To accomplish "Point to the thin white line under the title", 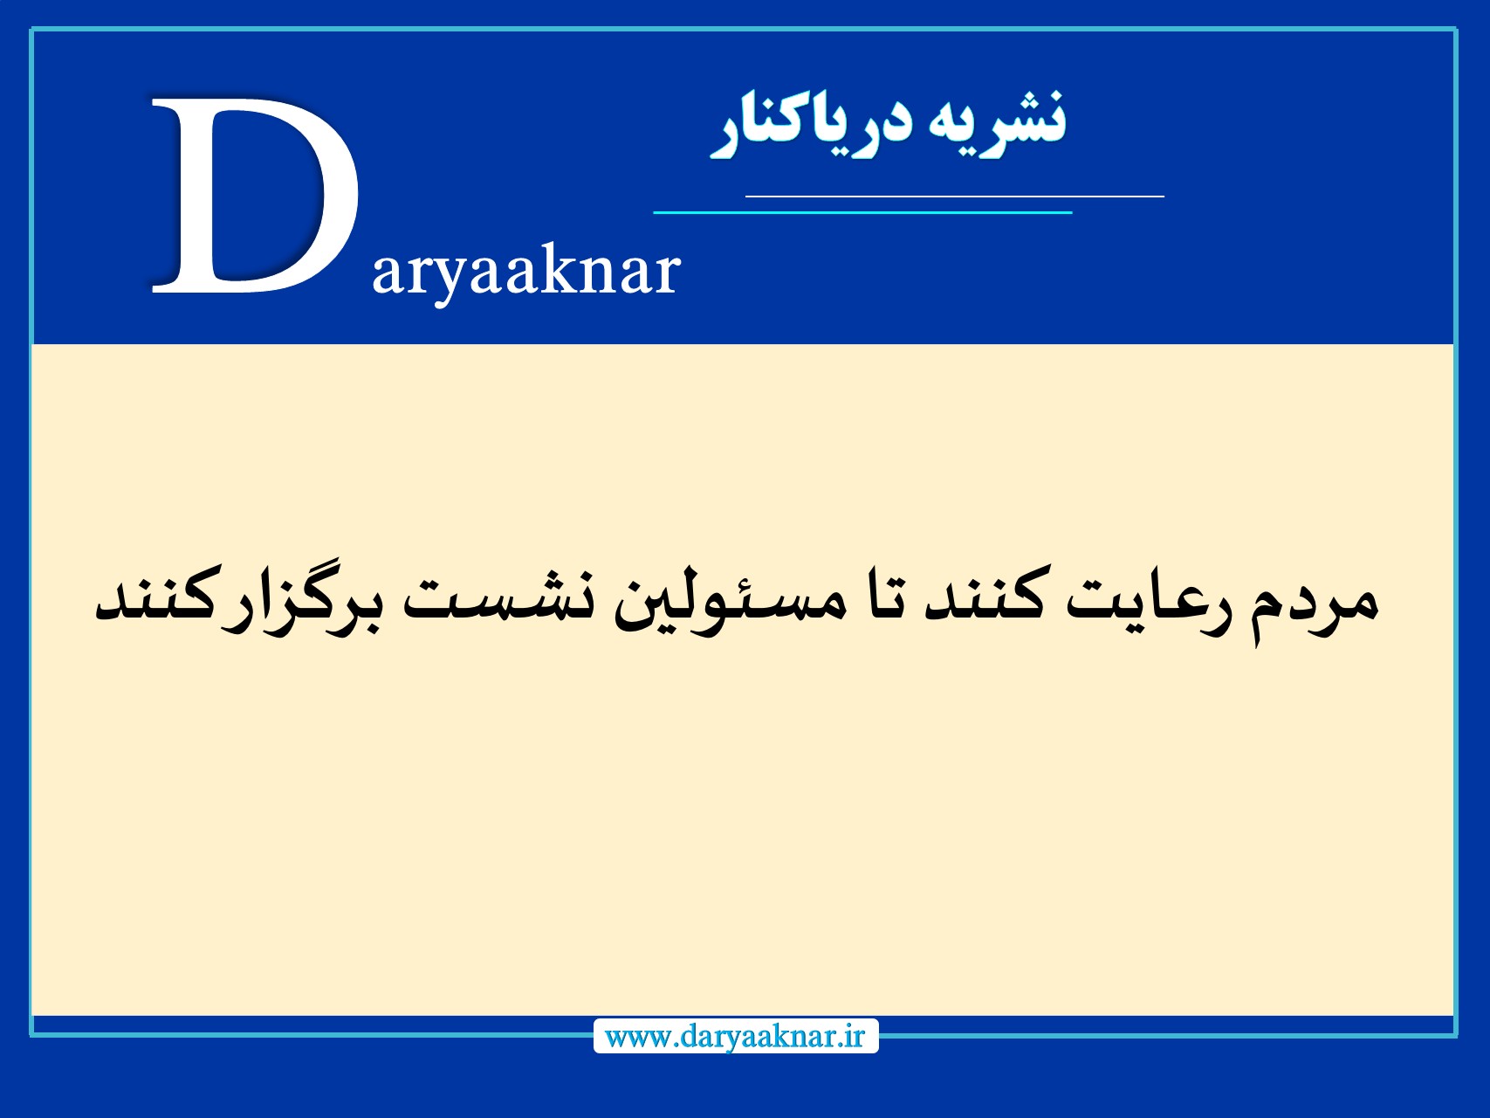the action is (x=954, y=197).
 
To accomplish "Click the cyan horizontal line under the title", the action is (x=862, y=211).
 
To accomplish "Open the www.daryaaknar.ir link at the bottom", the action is (x=735, y=1037).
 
